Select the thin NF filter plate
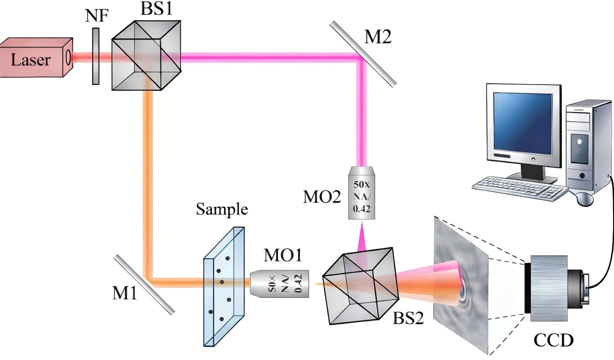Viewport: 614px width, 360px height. click(x=96, y=57)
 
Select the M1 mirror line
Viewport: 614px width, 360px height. click(x=144, y=285)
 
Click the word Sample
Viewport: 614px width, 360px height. click(x=222, y=210)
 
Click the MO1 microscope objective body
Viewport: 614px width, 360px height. click(x=280, y=283)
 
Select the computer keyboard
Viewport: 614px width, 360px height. click(x=519, y=188)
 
